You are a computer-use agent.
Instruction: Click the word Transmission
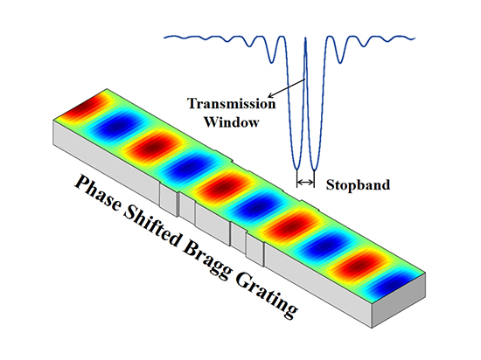(231, 104)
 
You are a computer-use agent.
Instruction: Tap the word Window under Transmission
(232, 122)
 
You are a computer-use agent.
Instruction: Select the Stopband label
(358, 184)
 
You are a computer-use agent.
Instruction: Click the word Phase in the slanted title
(99, 192)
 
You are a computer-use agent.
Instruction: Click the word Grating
(266, 294)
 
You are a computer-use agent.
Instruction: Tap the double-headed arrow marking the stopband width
(305, 183)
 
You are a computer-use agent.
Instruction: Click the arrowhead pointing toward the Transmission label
(270, 96)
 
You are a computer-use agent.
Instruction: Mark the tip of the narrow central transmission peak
(305, 38)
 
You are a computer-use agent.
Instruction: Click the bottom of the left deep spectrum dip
(297, 169)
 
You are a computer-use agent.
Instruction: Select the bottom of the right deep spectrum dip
(314, 170)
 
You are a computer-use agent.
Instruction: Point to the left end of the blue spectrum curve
(164, 38)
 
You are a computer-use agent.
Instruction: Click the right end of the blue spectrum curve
(415, 38)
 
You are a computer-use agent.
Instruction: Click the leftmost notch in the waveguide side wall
(169, 200)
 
